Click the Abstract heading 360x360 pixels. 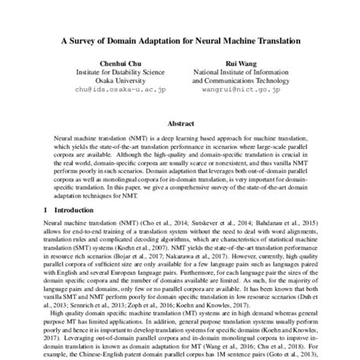[x=180, y=122]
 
